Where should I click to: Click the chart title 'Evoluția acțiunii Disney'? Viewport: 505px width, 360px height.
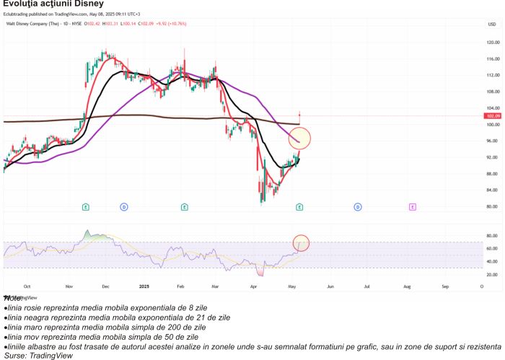(x=53, y=4)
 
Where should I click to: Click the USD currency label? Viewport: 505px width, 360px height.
(x=492, y=24)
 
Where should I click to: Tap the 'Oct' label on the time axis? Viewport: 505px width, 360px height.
(x=27, y=286)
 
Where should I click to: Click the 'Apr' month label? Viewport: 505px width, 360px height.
(x=253, y=286)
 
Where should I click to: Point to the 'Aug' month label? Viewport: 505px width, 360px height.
(x=406, y=286)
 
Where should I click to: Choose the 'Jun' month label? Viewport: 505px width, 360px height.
(x=330, y=286)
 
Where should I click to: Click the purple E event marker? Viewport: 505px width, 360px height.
(x=412, y=207)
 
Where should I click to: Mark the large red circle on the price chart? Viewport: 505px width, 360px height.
(x=299, y=138)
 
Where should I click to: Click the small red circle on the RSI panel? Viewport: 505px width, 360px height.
(x=301, y=243)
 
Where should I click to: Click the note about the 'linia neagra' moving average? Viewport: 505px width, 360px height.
(x=119, y=317)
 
